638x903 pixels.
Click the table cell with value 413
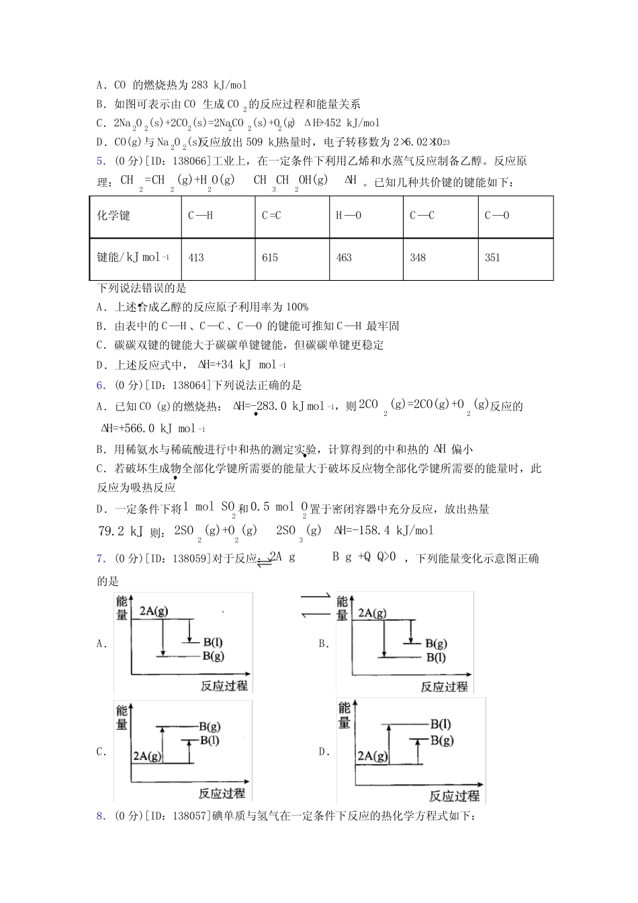point(196,258)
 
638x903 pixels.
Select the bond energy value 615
point(270,258)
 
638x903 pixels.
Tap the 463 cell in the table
point(344,258)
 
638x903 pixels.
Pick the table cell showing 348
point(418,258)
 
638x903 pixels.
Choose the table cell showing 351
point(492,258)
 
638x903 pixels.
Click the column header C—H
point(201,216)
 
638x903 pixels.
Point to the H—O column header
point(349,216)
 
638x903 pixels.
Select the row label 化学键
point(113,216)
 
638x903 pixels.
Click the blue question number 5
point(100,161)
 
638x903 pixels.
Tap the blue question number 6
point(100,385)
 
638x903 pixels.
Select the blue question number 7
point(100,558)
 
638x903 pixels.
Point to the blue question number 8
point(100,816)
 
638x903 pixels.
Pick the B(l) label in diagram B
point(436,658)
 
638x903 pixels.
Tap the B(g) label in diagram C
point(210,726)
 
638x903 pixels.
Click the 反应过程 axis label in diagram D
point(454,795)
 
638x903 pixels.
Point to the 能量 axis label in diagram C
point(122,718)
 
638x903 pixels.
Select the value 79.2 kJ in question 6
point(121,531)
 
